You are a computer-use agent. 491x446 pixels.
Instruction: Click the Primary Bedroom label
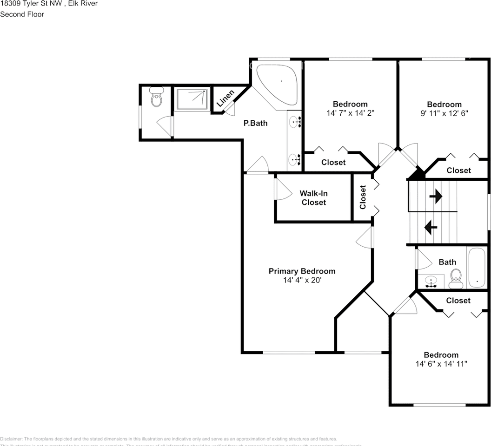tap(302, 271)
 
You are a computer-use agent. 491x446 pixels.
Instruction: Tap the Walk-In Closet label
tap(313, 198)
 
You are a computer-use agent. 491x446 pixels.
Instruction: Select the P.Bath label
tap(256, 123)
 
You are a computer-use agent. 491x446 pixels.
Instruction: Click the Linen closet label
tap(226, 98)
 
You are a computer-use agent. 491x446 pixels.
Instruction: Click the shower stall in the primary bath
tap(192, 99)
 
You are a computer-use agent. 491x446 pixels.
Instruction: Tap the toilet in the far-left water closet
tap(156, 97)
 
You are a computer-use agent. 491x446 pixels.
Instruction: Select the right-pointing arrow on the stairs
tap(436, 197)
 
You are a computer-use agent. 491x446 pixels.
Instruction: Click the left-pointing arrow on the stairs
tap(431, 227)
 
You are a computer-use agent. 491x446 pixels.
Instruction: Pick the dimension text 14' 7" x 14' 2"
tap(350, 113)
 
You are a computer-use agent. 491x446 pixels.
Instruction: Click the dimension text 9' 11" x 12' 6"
tap(445, 113)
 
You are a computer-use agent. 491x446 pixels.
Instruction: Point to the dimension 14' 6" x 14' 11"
tap(441, 364)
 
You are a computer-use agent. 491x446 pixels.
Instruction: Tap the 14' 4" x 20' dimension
tap(302, 280)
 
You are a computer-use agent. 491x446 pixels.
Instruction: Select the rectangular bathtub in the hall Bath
tap(477, 269)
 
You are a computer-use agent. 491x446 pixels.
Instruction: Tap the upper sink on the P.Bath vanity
tap(295, 122)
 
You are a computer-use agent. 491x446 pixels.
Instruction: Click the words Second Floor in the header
tap(22, 14)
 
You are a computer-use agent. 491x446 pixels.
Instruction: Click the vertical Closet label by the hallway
tap(363, 197)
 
